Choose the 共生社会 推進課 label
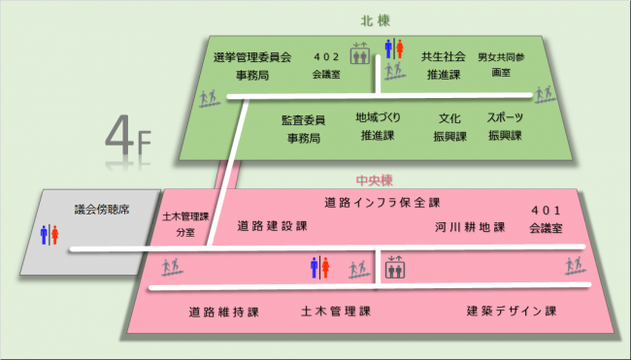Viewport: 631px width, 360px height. pyautogui.click(x=443, y=65)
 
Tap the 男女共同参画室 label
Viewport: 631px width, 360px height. pyautogui.click(x=501, y=65)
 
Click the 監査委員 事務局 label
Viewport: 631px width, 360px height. pyautogui.click(x=303, y=128)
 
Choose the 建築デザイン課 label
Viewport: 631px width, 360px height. pyautogui.click(x=511, y=311)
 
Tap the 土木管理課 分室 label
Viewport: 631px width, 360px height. pyautogui.click(x=184, y=225)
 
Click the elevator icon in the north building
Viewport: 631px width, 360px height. pyautogui.click(x=361, y=51)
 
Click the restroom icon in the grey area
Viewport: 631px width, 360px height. pyautogui.click(x=50, y=235)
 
